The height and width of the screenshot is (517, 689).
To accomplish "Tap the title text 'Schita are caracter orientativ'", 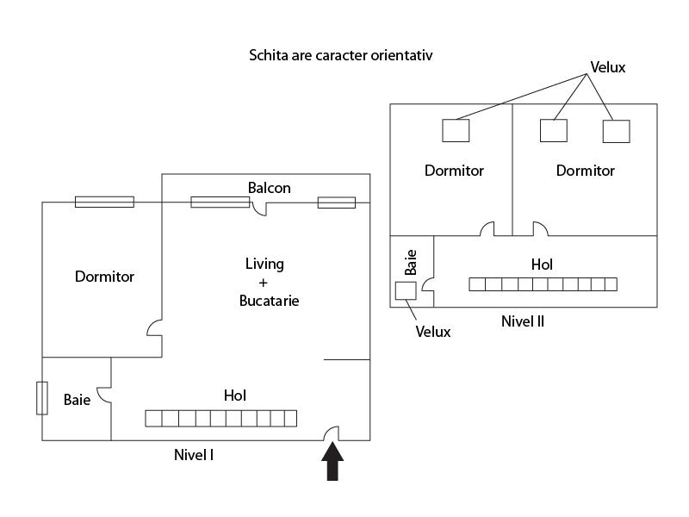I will click(340, 55).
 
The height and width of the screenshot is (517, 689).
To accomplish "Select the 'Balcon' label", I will click(270, 187).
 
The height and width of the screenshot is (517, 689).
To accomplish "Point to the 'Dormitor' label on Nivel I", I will click(104, 277).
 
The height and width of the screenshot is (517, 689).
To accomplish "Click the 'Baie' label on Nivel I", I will click(77, 400).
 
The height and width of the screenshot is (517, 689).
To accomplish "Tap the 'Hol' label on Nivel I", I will click(235, 396).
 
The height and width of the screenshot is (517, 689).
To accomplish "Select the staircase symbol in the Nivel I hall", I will click(220, 419).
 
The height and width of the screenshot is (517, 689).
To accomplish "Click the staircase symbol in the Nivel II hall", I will click(543, 283).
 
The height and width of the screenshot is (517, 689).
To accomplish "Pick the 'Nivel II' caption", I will click(523, 321).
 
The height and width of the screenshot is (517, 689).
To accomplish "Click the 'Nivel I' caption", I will click(194, 453).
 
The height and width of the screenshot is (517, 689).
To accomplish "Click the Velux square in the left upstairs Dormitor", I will click(456, 130).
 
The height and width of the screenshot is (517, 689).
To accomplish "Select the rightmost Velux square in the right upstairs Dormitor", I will click(616, 131).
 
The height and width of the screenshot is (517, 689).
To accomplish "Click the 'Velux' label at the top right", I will click(607, 67).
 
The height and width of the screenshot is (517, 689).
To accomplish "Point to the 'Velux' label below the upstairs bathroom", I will click(433, 332).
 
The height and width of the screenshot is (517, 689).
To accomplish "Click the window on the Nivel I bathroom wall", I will click(41, 398).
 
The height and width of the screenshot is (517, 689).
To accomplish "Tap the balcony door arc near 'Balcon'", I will click(261, 209).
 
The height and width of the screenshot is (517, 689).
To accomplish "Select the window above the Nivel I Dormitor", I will click(104, 202).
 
